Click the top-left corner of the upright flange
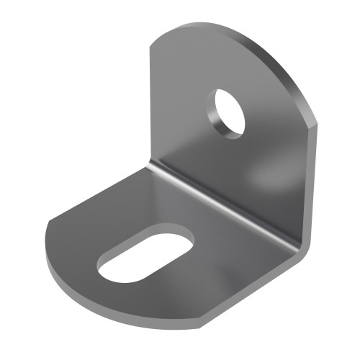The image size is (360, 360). point(152,45)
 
